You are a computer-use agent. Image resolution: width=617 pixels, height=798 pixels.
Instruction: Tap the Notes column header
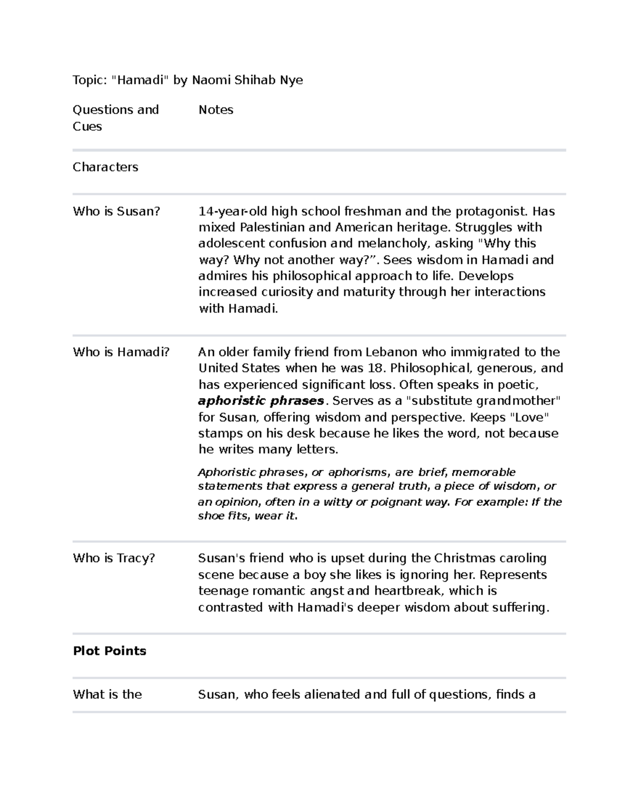click(216, 110)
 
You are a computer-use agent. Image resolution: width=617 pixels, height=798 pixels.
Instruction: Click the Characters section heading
click(105, 168)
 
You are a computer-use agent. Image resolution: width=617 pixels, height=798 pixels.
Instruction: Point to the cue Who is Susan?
click(117, 211)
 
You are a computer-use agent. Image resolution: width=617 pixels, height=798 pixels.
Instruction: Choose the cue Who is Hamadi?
click(121, 352)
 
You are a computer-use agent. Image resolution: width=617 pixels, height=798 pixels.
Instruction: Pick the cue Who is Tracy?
click(114, 558)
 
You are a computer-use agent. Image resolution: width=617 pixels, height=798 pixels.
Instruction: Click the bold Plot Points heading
click(110, 651)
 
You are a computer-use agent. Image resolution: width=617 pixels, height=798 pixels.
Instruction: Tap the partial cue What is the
click(107, 695)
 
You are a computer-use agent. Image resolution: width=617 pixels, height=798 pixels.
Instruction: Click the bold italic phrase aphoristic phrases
click(261, 401)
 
